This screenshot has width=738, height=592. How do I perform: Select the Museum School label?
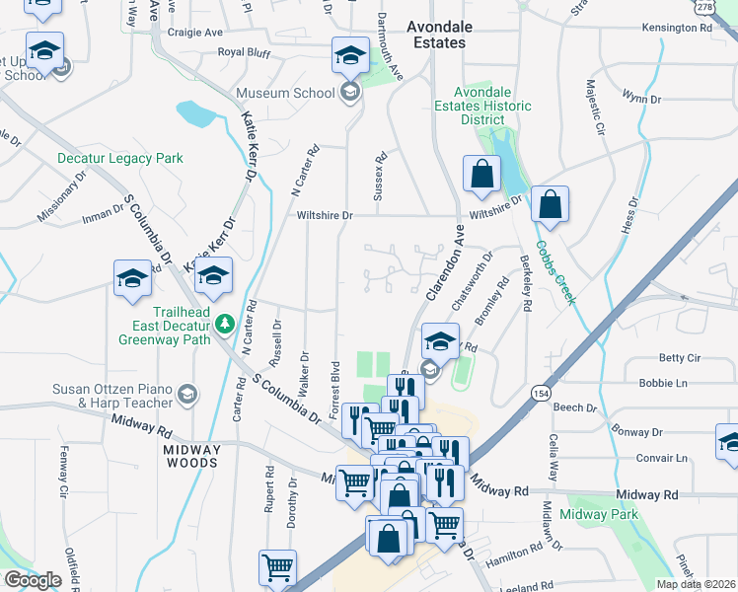pos(284,94)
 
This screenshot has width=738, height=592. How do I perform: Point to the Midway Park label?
pos(600,514)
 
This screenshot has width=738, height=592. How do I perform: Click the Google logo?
pos(34,580)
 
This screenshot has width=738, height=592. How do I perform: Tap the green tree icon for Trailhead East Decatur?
pos(225,323)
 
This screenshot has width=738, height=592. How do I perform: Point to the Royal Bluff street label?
pos(244,51)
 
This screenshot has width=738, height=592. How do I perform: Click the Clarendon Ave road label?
pos(445,264)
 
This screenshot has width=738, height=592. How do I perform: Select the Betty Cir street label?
pos(679,358)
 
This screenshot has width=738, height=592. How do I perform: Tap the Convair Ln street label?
pos(662,458)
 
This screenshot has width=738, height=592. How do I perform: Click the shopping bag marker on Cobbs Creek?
pos(551,205)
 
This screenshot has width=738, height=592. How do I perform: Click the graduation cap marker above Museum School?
pos(349,57)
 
